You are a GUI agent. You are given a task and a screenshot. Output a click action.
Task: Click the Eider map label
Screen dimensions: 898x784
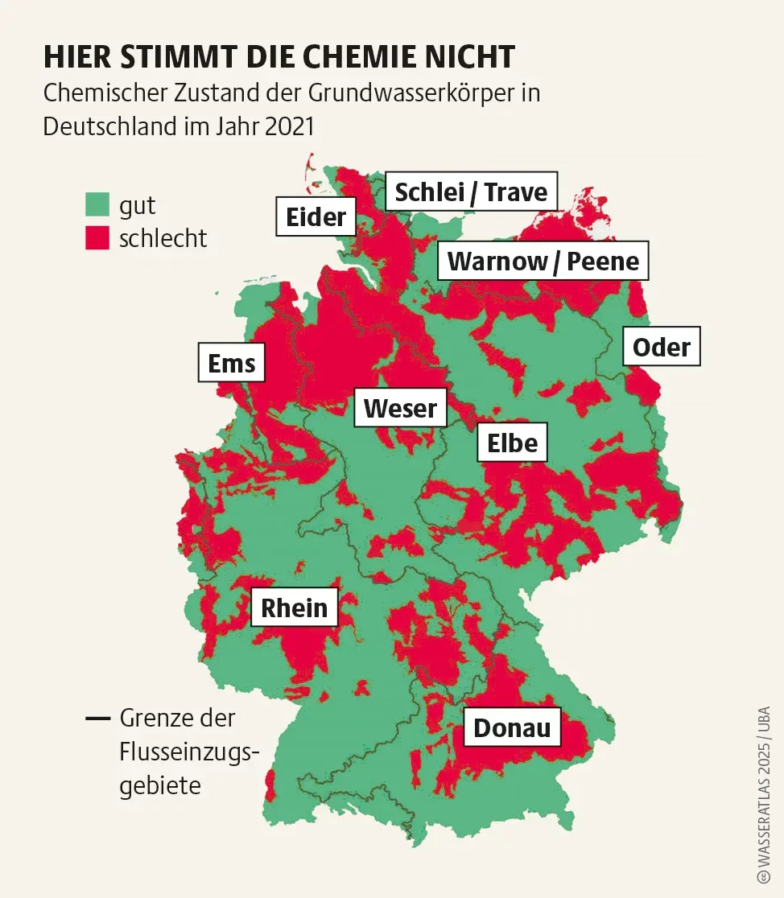[x=316, y=216]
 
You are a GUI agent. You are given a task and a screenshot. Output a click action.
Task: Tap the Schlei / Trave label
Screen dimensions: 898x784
[x=471, y=192]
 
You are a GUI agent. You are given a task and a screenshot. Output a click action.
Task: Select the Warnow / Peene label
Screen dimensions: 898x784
[x=543, y=261]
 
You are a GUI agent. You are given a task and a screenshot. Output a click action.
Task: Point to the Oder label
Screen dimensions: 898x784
[x=661, y=347]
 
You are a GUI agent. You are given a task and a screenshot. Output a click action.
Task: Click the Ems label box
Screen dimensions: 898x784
[x=231, y=363]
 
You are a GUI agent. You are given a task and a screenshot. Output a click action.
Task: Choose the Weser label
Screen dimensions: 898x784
[x=400, y=408]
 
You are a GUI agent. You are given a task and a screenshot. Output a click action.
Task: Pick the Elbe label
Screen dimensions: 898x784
[x=513, y=442]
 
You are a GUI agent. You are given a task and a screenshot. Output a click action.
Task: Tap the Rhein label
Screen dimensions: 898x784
[x=295, y=608]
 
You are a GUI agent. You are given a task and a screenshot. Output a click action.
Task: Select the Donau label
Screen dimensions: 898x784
[x=512, y=727]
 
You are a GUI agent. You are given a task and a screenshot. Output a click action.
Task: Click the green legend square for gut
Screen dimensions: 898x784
[x=97, y=204]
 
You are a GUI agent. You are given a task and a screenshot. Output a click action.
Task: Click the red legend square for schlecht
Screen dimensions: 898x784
[x=97, y=238]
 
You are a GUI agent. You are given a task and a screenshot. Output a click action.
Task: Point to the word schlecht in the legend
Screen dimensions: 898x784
[x=163, y=238]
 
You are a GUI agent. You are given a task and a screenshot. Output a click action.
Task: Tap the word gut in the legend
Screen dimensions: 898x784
[x=138, y=206]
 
